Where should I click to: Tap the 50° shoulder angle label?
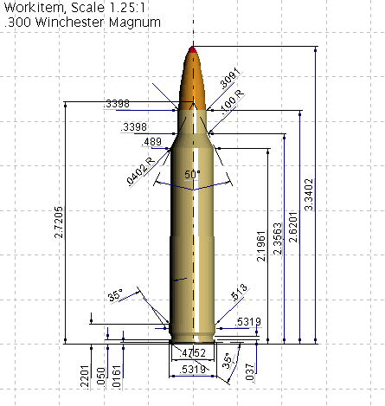click(x=191, y=174)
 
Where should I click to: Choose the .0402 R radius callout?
click(x=142, y=166)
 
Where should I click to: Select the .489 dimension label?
click(x=151, y=142)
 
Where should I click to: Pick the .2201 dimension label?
click(x=84, y=373)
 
